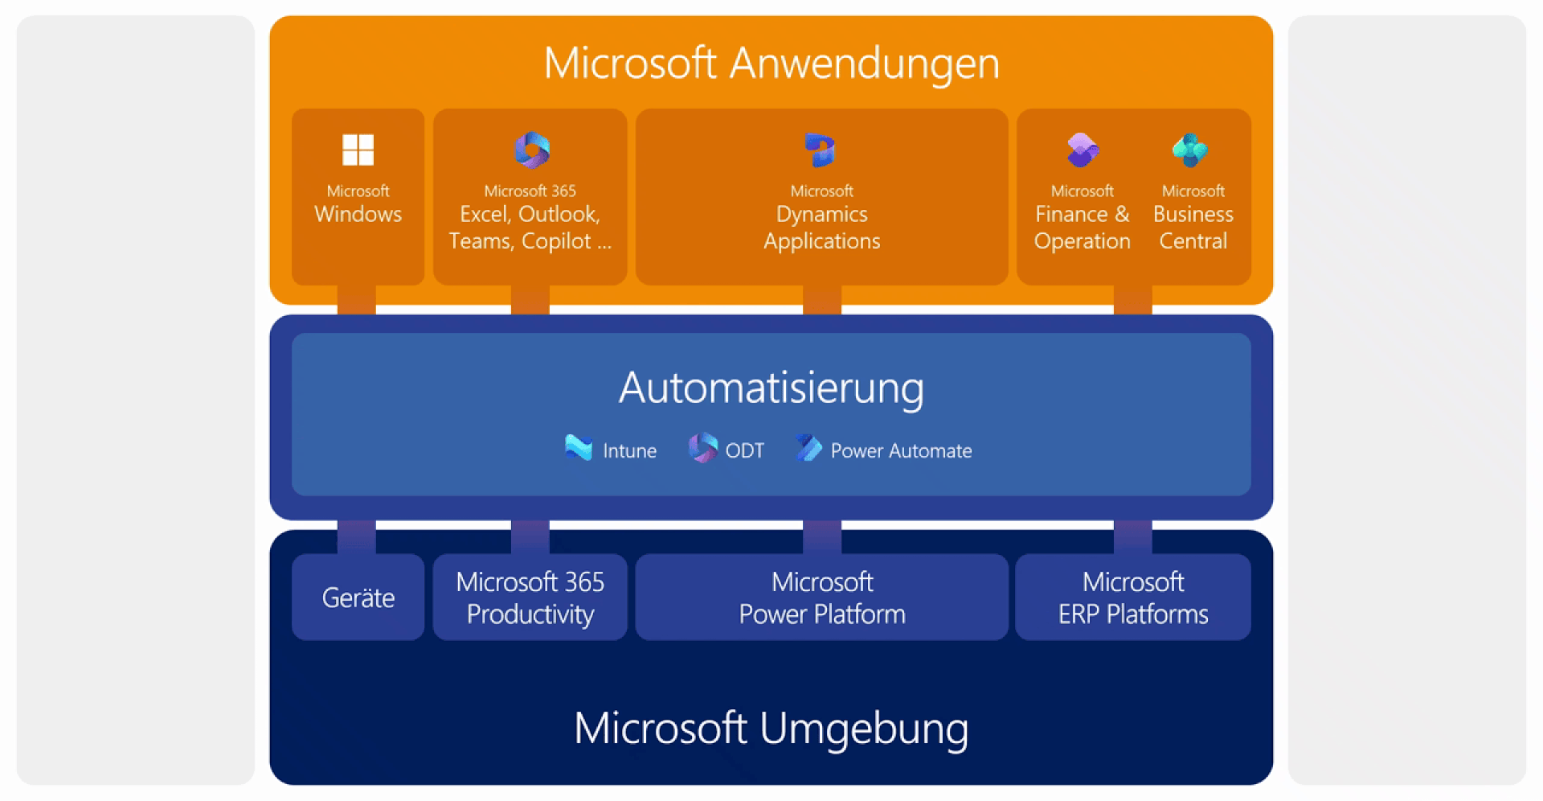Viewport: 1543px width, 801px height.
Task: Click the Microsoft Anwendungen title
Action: pos(771,63)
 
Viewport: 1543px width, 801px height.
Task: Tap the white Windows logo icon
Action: pos(358,150)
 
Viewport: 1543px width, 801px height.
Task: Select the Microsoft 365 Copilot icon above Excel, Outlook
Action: pos(531,150)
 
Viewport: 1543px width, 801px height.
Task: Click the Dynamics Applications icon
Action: pos(821,150)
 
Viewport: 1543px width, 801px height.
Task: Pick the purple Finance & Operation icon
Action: pos(1083,150)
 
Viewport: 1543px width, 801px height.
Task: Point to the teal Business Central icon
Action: pos(1190,150)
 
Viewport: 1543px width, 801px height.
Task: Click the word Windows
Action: pos(358,214)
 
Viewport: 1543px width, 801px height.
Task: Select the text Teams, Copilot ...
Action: pos(521,241)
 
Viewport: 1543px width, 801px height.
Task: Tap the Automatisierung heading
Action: pos(771,388)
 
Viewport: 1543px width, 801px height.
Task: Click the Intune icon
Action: pos(579,448)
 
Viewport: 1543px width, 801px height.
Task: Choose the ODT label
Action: pos(744,451)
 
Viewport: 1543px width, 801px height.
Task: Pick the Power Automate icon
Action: pos(809,448)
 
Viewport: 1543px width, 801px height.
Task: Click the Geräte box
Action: pos(358,598)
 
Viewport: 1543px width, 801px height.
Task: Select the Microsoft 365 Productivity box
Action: pos(530,598)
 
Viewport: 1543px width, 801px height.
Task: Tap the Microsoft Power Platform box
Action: pos(821,598)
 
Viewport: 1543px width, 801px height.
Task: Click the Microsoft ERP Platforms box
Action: pos(1132,598)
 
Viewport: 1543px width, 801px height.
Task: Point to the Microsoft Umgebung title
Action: pos(771,728)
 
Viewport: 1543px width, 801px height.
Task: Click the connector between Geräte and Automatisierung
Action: pos(357,536)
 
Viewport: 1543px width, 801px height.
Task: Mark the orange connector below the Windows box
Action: pos(357,300)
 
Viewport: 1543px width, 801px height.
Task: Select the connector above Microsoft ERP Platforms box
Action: pos(1132,536)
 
